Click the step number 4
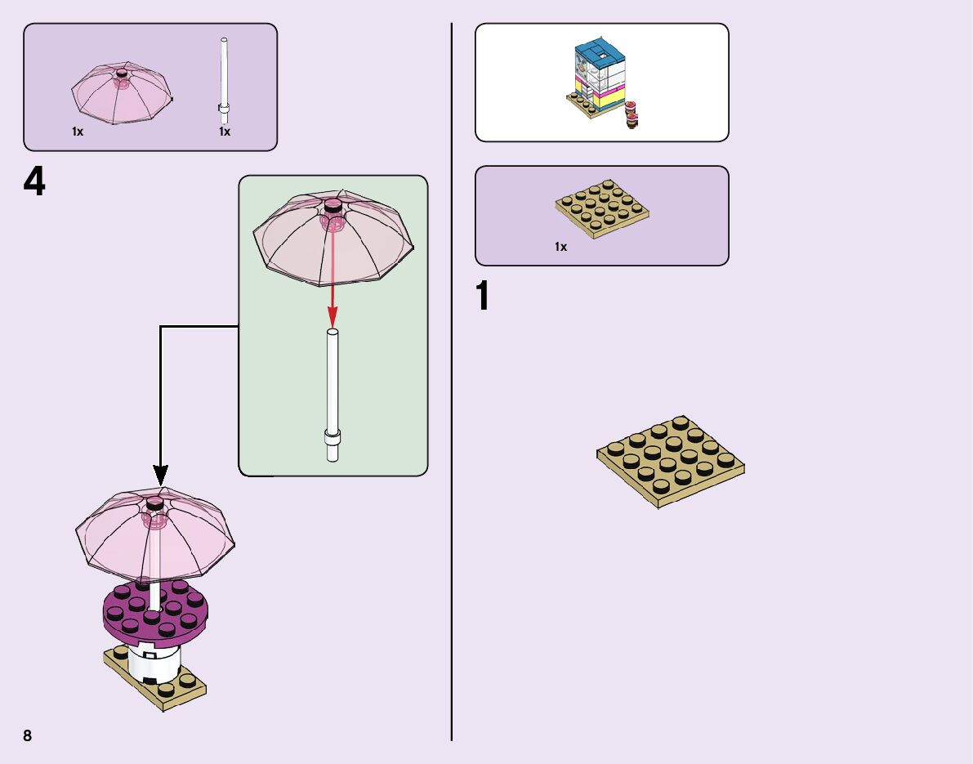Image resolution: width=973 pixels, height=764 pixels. [34, 183]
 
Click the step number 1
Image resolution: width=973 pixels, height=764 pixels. [484, 297]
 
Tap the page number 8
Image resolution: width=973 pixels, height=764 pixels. [28, 735]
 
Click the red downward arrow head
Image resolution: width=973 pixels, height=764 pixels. [333, 317]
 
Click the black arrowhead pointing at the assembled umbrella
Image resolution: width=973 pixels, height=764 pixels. [161, 474]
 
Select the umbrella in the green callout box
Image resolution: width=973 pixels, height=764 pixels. [333, 239]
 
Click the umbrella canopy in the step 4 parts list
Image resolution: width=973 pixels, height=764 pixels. [122, 94]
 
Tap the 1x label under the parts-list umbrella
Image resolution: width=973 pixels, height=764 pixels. [78, 132]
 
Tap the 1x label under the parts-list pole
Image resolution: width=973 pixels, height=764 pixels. [225, 132]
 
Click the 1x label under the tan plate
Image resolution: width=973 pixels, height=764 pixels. [560, 247]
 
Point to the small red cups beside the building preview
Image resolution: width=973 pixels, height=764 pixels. [631, 114]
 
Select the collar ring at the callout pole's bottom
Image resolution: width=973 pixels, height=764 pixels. [333, 435]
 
